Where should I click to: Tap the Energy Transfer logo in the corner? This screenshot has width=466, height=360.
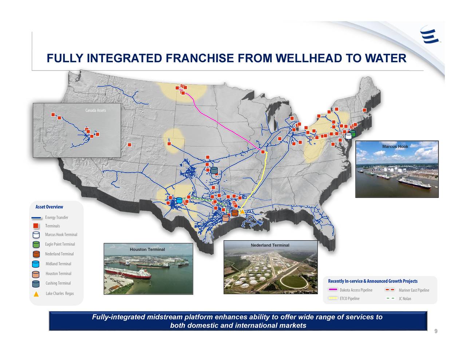pyautogui.click(x=430, y=35)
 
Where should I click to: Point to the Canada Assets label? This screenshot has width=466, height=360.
pyautogui.click(x=96, y=110)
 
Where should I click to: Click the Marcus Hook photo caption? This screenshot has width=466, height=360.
pyautogui.click(x=395, y=147)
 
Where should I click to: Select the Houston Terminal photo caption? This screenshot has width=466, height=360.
pyautogui.click(x=147, y=249)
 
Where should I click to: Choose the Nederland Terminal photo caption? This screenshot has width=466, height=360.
pyautogui.click(x=270, y=245)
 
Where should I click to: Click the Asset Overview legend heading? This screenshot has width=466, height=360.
pyautogui.click(x=49, y=207)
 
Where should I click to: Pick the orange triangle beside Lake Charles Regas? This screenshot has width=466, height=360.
pyautogui.click(x=36, y=294)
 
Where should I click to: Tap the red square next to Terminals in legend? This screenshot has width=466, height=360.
pyautogui.click(x=36, y=226)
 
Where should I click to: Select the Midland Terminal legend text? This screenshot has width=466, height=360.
pyautogui.click(x=58, y=264)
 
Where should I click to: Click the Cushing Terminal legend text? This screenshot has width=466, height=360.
pyautogui.click(x=58, y=283)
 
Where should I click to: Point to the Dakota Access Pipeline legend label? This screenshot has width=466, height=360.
pyautogui.click(x=356, y=290)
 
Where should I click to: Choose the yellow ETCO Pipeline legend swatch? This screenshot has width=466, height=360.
pyautogui.click(x=333, y=298)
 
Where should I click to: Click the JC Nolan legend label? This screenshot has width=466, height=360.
pyautogui.click(x=405, y=299)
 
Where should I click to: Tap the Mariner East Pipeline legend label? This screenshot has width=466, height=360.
pyautogui.click(x=414, y=290)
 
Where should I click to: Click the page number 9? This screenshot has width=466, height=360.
pyautogui.click(x=436, y=331)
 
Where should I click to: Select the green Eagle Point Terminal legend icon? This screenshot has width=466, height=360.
pyautogui.click(x=36, y=245)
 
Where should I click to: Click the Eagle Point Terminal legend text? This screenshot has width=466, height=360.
pyautogui.click(x=60, y=244)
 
